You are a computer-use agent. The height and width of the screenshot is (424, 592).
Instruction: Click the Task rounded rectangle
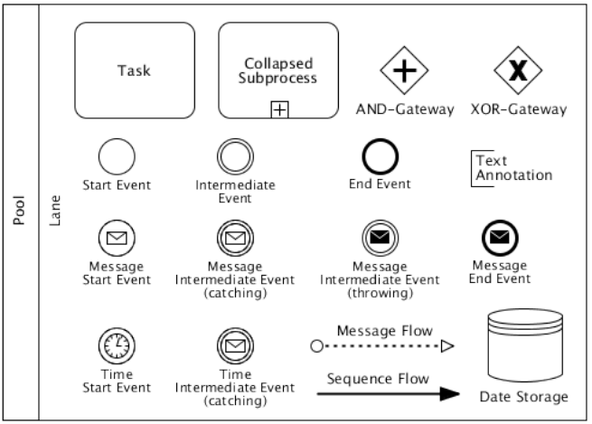pos(134,70)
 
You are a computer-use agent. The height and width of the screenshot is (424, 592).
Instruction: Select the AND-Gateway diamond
pos(402,73)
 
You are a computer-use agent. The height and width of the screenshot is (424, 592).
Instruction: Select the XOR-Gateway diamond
pos(518,73)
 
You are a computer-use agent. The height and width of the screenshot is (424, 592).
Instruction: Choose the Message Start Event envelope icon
pos(116,239)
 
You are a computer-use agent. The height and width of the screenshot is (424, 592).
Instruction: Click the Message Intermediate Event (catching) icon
pos(235,239)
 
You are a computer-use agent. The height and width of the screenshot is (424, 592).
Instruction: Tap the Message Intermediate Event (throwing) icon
pos(380,239)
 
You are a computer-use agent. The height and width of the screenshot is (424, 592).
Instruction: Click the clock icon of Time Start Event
pos(116,345)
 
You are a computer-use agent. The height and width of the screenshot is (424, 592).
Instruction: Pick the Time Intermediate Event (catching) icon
pos(235,345)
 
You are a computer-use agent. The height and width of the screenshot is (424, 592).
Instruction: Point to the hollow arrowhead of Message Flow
pos(446,345)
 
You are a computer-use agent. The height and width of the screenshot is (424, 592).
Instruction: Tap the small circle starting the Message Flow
pos(315,345)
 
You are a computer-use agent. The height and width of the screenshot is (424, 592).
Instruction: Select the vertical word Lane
pos(54,212)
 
